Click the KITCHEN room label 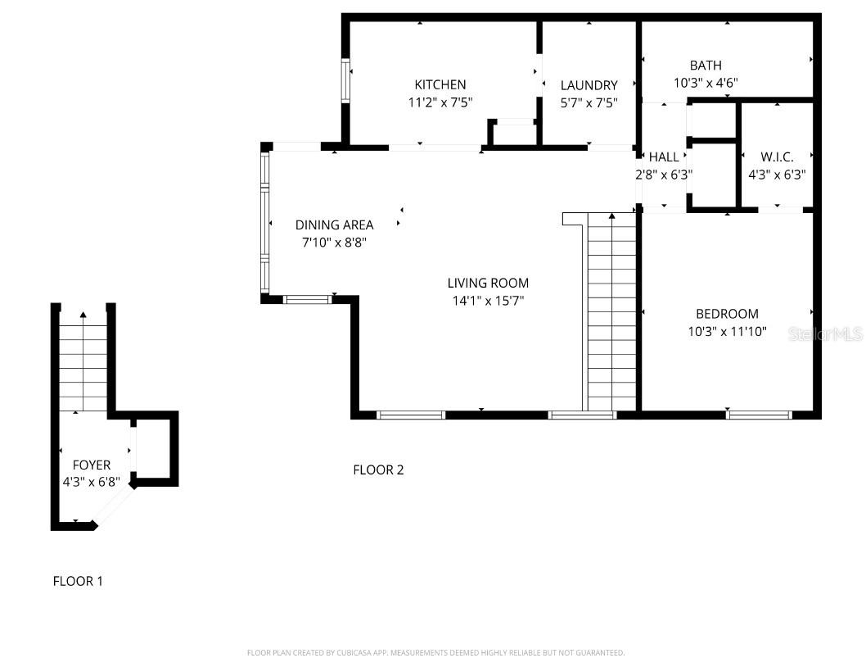[x=440, y=84]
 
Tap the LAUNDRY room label [x=589, y=85]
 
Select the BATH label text [x=706, y=66]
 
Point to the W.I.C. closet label [x=777, y=157]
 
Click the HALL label [x=664, y=157]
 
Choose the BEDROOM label [x=727, y=314]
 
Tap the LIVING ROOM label [x=488, y=284]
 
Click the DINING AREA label [x=334, y=225]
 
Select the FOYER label [x=92, y=465]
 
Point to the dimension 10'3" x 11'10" [x=727, y=331]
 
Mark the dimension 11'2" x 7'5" [x=440, y=102]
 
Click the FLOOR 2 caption [x=378, y=470]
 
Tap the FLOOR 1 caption [x=78, y=581]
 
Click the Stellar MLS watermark [x=825, y=334]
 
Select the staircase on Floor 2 [x=611, y=311]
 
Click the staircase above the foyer [x=83, y=365]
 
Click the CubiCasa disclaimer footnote [x=435, y=653]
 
